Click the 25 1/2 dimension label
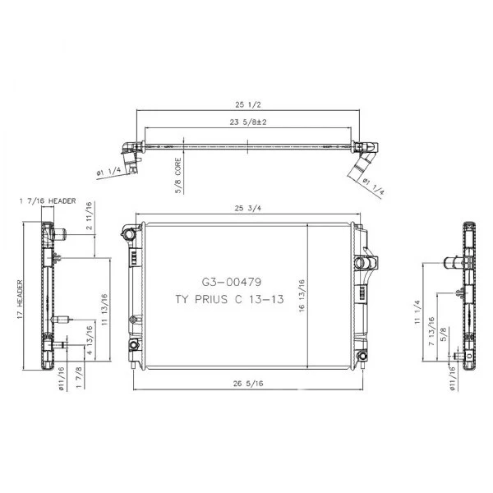pyautogui.click(x=248, y=104)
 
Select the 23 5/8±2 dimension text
pyautogui.click(x=248, y=122)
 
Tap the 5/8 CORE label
pyautogui.click(x=178, y=176)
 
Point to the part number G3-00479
pyautogui.click(x=232, y=282)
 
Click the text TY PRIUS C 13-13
pyautogui.click(x=229, y=299)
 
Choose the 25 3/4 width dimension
pyautogui.click(x=248, y=208)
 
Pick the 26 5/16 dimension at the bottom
pyautogui.click(x=248, y=383)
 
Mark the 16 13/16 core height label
pyautogui.click(x=302, y=295)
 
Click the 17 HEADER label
pyautogui.click(x=20, y=300)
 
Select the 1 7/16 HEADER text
pyautogui.click(x=48, y=201)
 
